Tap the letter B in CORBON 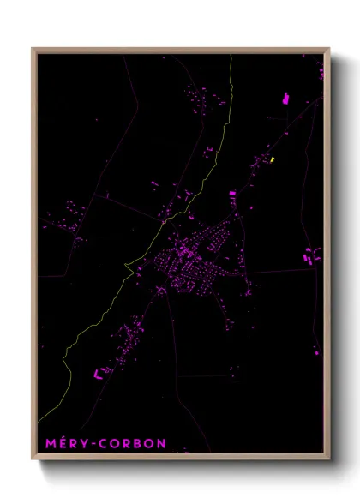136,444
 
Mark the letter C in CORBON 104,444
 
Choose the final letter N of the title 161,444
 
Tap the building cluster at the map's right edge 312,255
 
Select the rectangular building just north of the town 232,195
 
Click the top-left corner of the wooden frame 33,50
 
